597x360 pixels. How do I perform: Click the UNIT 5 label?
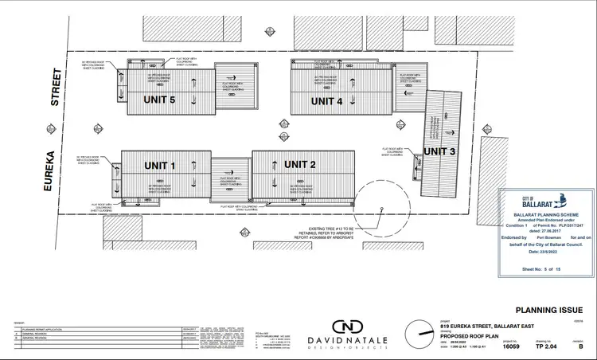(159, 100)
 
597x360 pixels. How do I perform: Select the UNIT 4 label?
(326, 101)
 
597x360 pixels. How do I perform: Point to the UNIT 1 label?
(159, 166)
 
